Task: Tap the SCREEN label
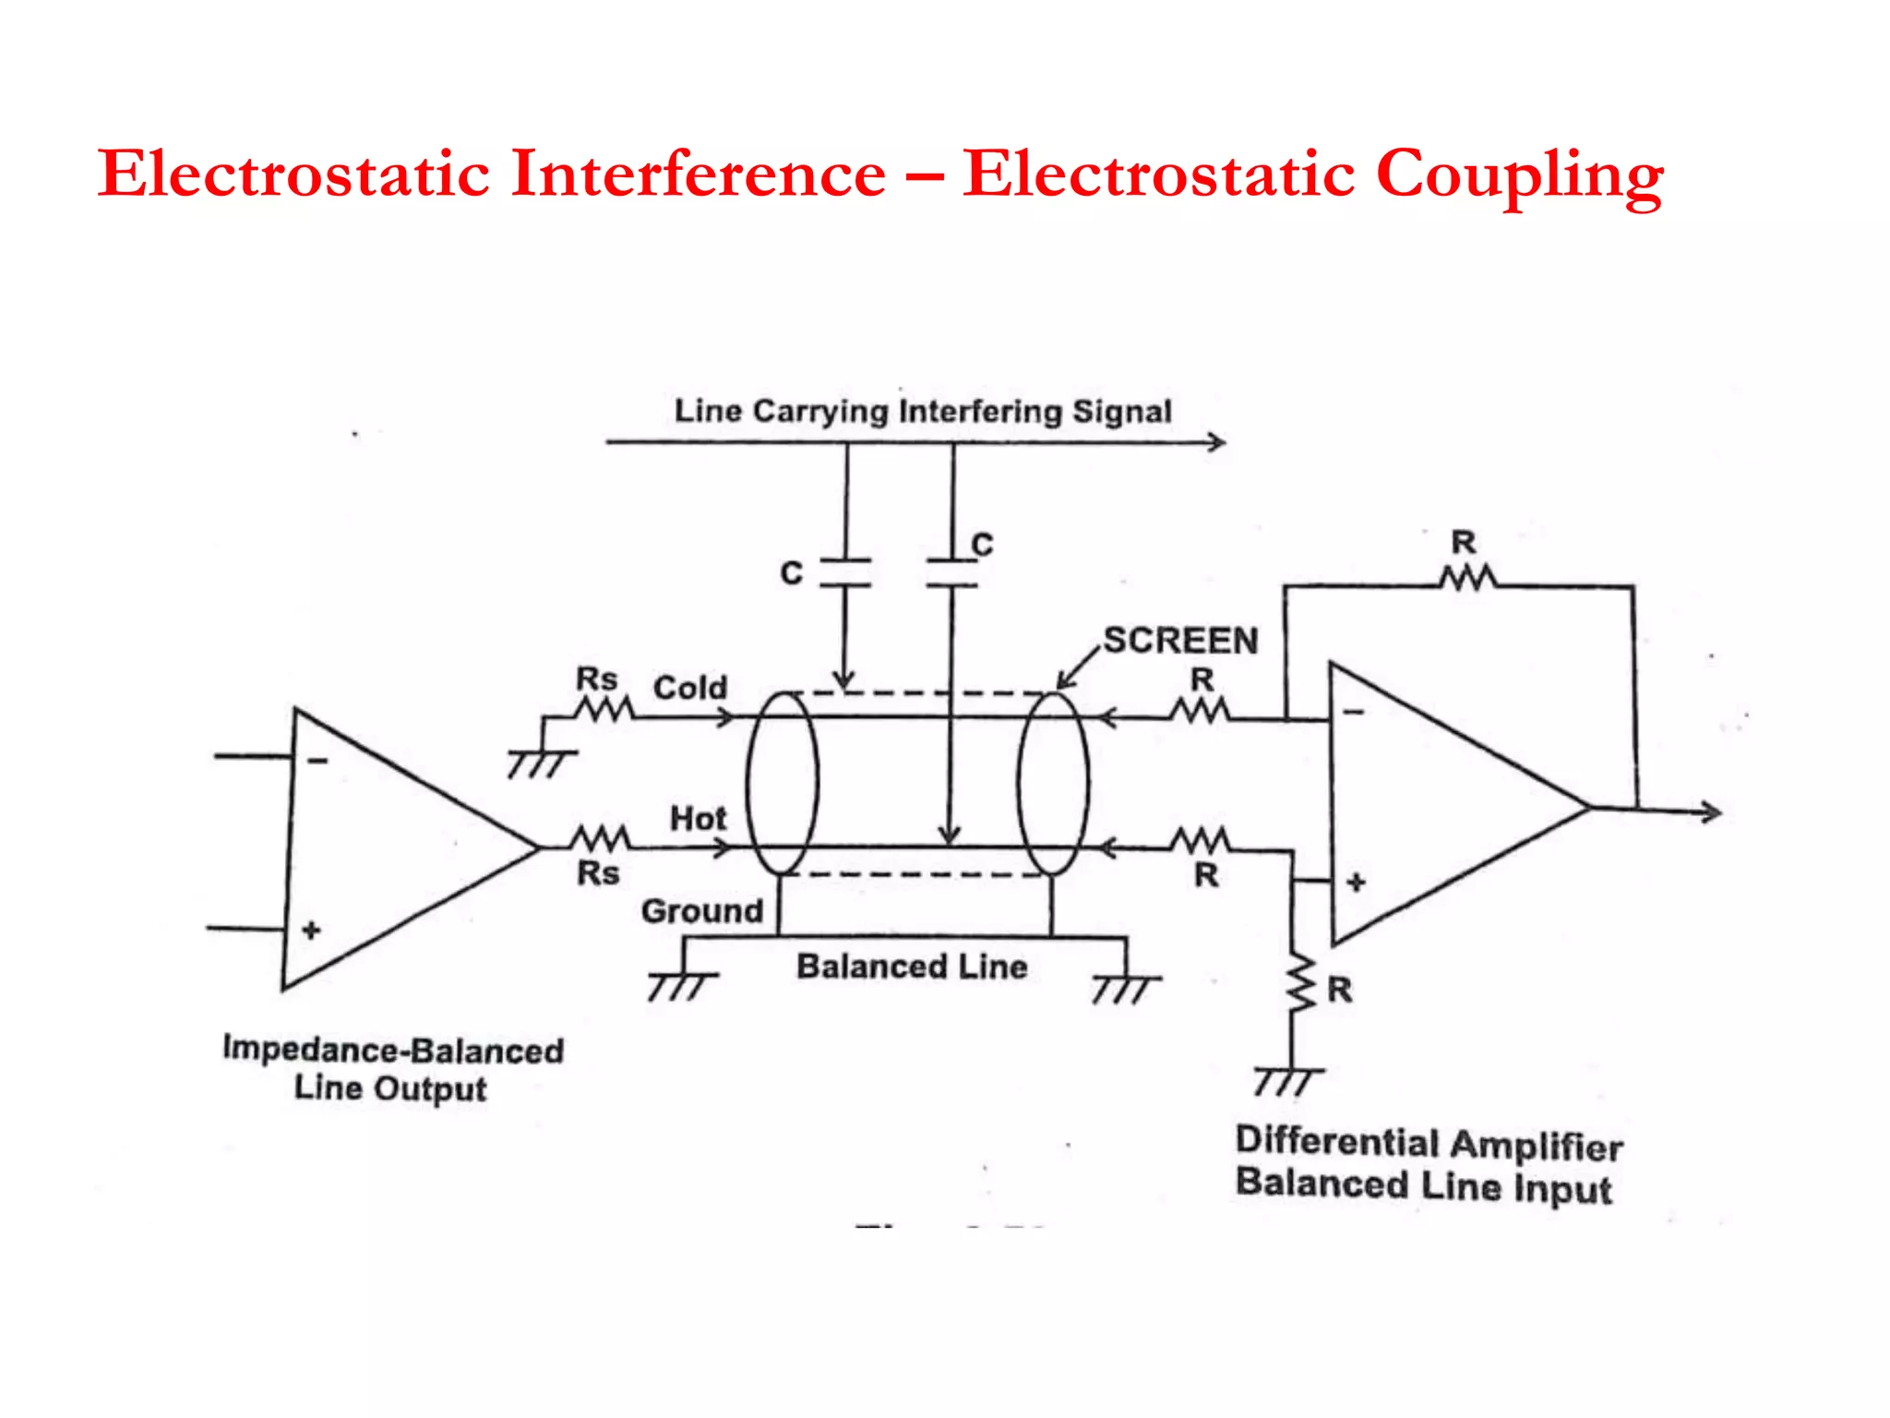(x=1180, y=641)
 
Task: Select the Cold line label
(x=690, y=688)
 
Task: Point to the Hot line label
(x=698, y=818)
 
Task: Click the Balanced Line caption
(x=912, y=967)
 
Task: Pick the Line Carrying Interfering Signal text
(x=923, y=411)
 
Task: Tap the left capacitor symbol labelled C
(x=845, y=572)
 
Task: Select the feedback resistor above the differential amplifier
(x=1467, y=580)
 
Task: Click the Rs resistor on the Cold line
(x=604, y=710)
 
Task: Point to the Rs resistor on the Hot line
(x=601, y=839)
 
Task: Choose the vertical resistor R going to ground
(x=1301, y=984)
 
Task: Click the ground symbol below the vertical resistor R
(x=1287, y=1080)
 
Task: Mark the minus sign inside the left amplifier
(x=317, y=761)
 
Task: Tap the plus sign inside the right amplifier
(x=1356, y=882)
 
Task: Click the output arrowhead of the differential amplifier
(x=1713, y=812)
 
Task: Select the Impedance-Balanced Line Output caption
(x=392, y=1069)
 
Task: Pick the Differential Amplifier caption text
(x=1429, y=1145)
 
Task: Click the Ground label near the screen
(x=702, y=911)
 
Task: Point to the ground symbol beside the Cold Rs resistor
(x=541, y=763)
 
